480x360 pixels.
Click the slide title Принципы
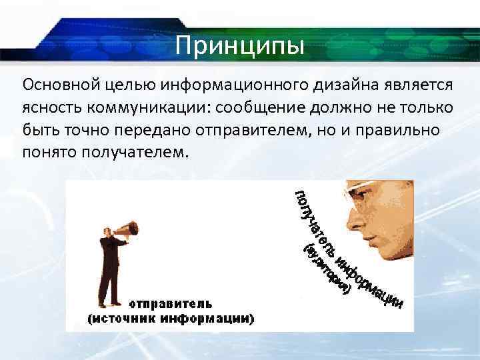point(241,46)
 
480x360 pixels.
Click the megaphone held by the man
point(127,231)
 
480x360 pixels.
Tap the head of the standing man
point(107,230)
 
